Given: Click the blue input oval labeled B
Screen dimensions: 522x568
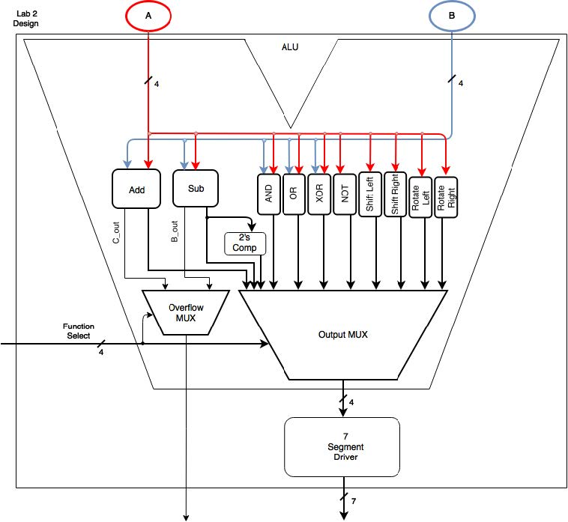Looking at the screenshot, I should (x=451, y=16).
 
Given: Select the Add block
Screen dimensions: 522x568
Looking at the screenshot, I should (x=136, y=189).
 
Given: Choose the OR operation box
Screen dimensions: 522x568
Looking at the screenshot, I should (x=294, y=194).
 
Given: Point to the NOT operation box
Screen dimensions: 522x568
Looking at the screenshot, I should (x=345, y=194).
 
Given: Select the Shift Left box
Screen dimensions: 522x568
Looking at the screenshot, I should (x=370, y=194).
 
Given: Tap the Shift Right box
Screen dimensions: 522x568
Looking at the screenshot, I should (x=396, y=194).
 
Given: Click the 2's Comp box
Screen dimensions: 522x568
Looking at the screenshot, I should (x=246, y=243).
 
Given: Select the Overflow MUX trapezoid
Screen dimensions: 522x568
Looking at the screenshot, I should (x=182, y=311).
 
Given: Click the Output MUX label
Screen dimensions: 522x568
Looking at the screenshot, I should (x=343, y=334).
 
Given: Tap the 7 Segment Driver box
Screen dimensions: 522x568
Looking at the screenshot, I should (x=342, y=447).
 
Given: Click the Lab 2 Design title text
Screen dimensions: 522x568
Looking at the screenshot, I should (x=26, y=18).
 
